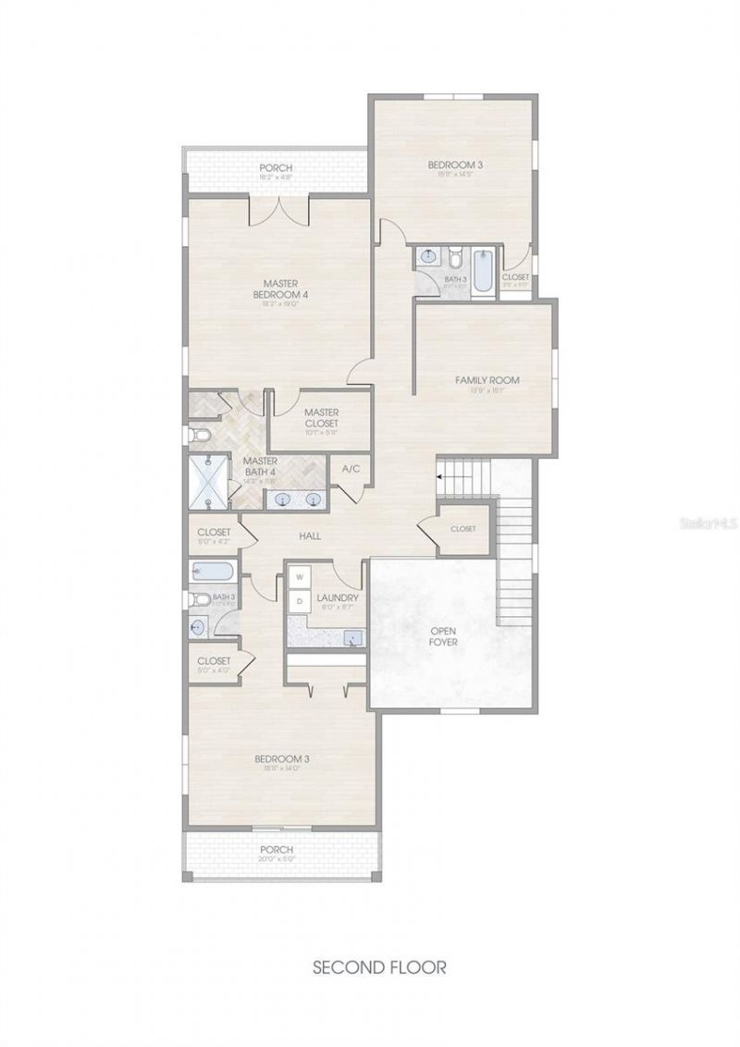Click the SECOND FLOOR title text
pos(379,967)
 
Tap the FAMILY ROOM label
pos(487,380)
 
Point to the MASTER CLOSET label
pos(321,418)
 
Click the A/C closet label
pos(351,469)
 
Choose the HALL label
pos(309,536)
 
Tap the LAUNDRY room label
pos(337,598)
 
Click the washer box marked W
pos(300,577)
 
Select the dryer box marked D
pos(300,602)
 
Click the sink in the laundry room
pos(351,637)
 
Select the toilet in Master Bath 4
pos(199,434)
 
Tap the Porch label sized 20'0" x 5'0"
pos(277,853)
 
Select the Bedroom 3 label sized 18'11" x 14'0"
pos(281,762)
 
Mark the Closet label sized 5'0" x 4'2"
pos(213,535)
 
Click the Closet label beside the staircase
pos(462,529)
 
